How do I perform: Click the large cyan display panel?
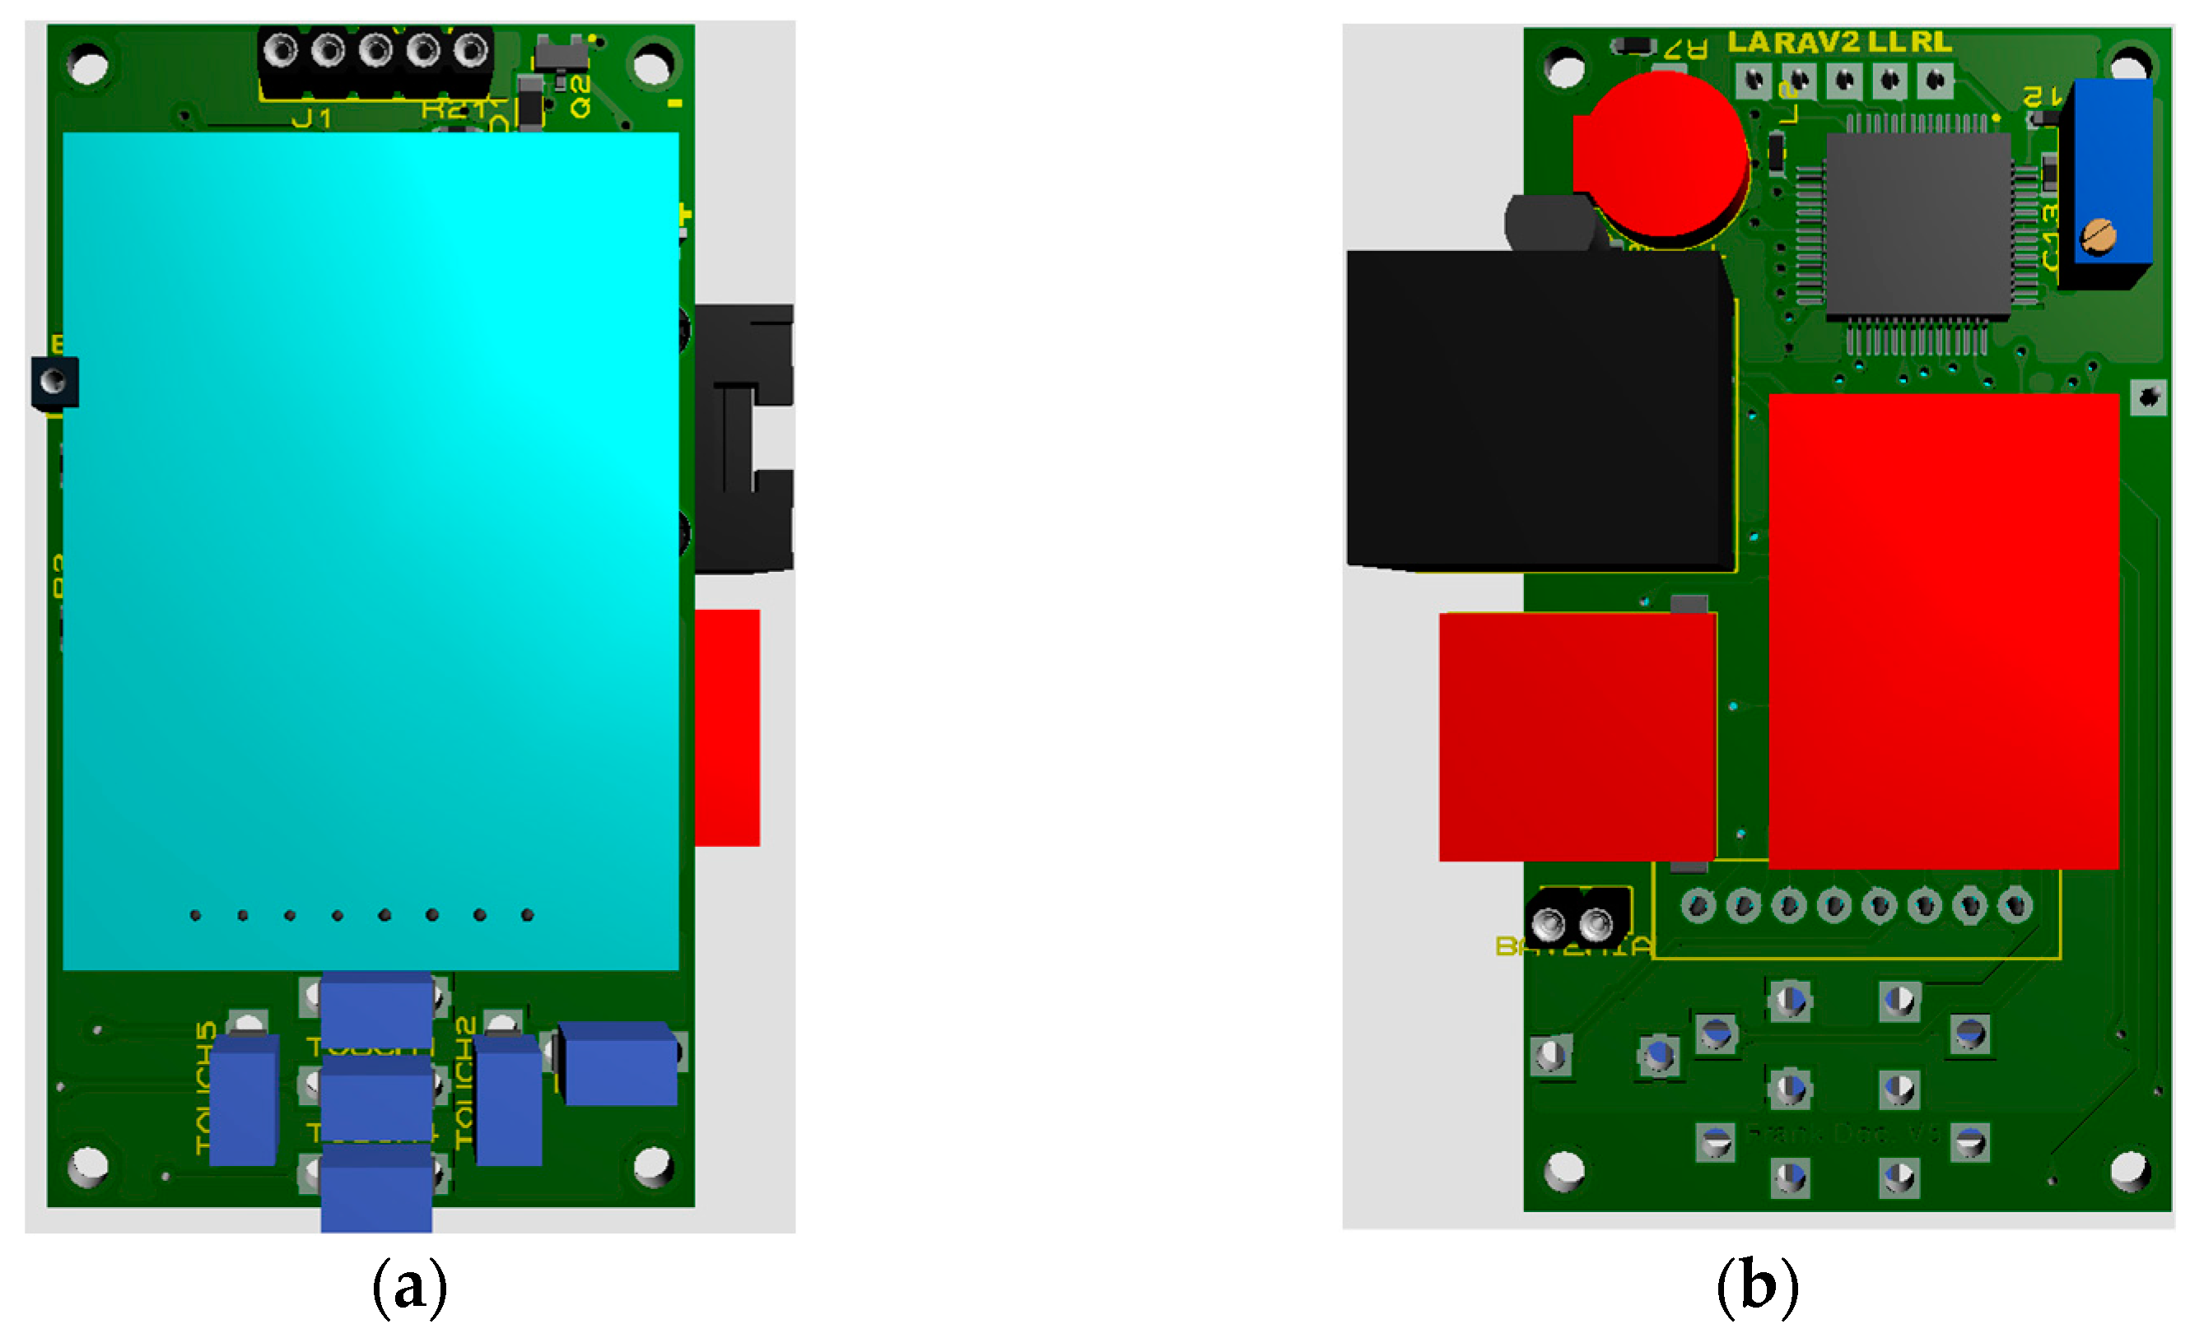(x=370, y=551)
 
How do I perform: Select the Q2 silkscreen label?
(x=580, y=97)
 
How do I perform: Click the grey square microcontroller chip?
(x=1917, y=225)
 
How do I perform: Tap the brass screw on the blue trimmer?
(x=2099, y=236)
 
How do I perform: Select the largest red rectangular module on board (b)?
(x=1944, y=631)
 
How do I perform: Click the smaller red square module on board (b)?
(x=1576, y=736)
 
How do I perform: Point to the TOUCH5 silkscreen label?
(x=205, y=1088)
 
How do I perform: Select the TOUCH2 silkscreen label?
(x=465, y=1082)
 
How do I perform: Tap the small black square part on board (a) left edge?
(x=54, y=382)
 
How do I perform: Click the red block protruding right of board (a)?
(x=727, y=727)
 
